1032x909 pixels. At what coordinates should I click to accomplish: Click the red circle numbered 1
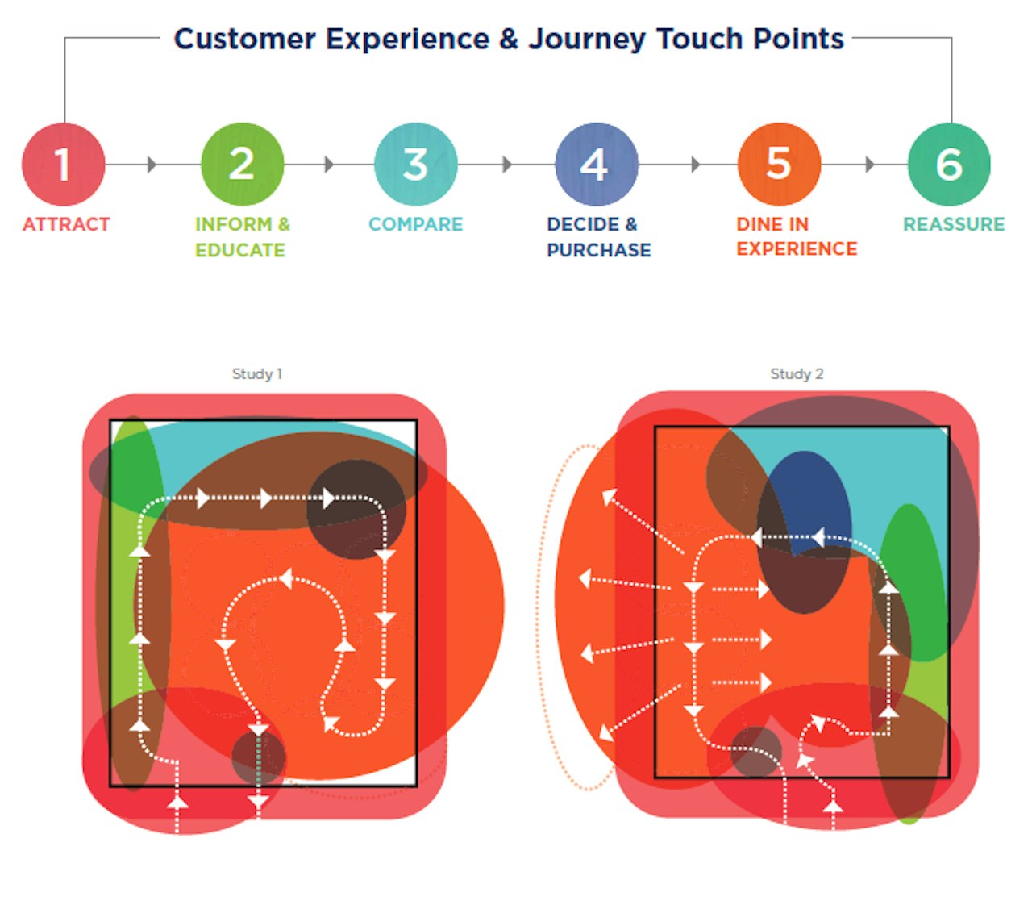[63, 165]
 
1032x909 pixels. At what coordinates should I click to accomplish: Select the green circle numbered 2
[242, 165]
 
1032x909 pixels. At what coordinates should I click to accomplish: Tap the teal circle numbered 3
[415, 165]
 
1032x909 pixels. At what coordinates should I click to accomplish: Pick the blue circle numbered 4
[596, 165]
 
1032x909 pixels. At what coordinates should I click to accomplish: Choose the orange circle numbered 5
[778, 165]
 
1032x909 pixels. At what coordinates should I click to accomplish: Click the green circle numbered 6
[949, 165]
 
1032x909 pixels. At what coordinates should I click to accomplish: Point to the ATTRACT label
[66, 224]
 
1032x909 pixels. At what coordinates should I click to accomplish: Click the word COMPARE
[415, 224]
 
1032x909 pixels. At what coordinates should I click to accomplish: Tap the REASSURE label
[954, 224]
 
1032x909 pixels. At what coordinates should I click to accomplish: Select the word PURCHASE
[598, 250]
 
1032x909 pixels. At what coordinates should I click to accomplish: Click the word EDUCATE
[240, 250]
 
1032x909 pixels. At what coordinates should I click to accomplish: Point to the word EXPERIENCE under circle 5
[797, 248]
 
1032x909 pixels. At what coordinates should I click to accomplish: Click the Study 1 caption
[257, 373]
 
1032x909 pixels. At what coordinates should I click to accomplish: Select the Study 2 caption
[797, 373]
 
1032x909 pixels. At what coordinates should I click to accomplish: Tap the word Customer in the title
[244, 39]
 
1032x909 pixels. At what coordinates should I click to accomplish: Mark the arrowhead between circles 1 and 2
[152, 165]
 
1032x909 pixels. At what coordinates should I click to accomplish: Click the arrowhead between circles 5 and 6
[869, 165]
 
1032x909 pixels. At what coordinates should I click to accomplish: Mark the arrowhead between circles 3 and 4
[506, 165]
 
